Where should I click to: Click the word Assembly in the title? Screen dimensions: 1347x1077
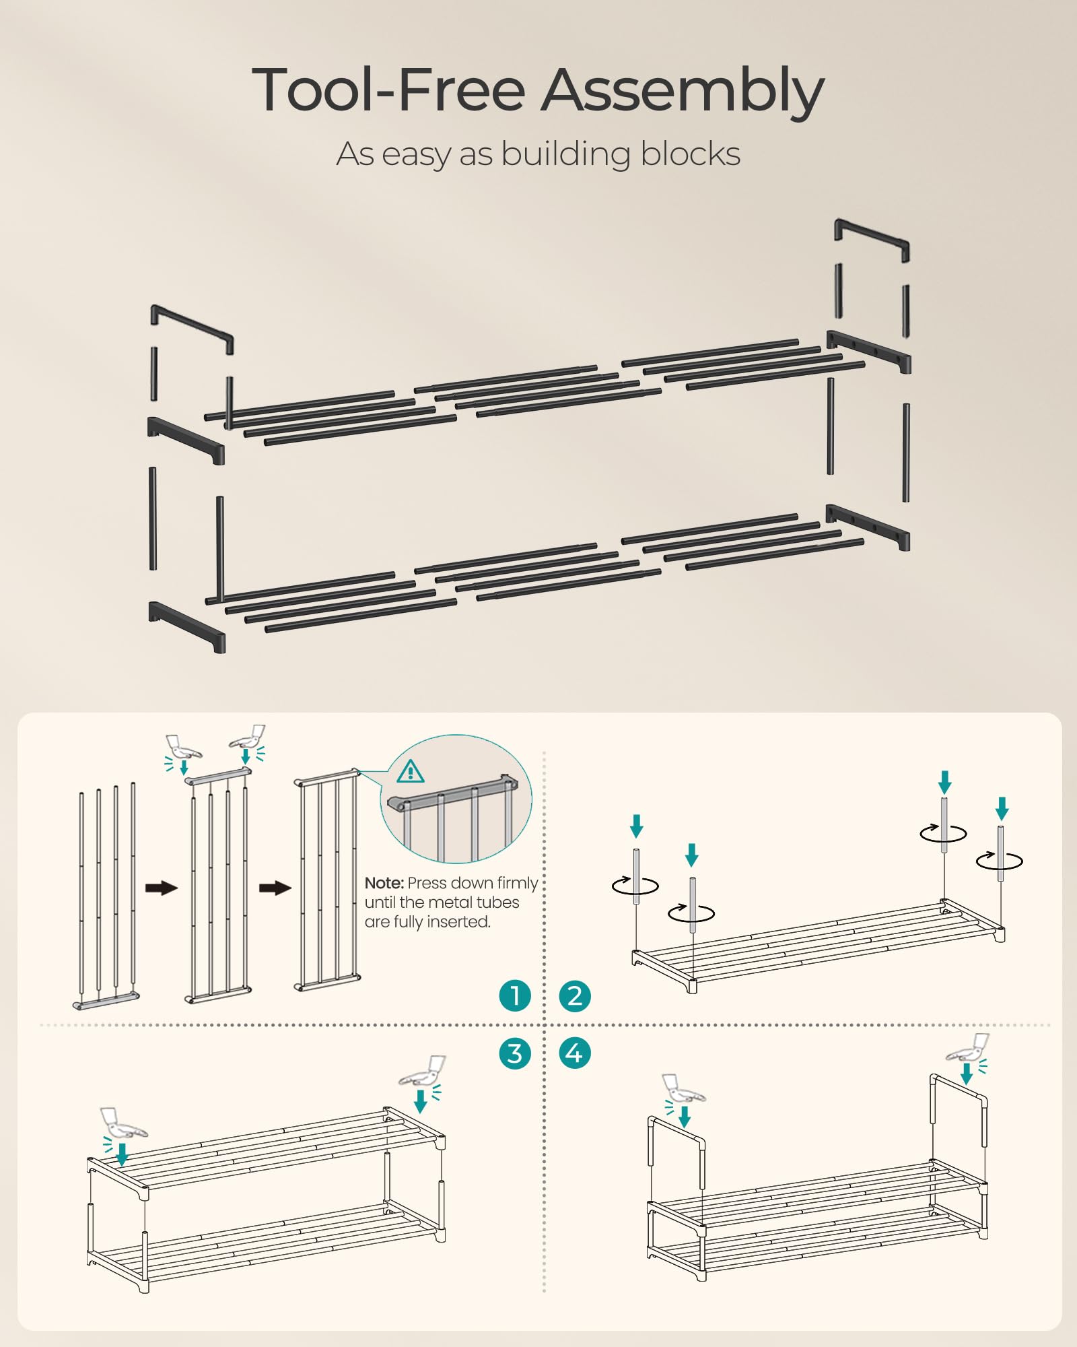683,91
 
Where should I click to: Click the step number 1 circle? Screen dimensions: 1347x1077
515,995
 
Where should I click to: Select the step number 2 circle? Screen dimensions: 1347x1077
575,995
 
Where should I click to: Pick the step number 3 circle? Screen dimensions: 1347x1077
515,1053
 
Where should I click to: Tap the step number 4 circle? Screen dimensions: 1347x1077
575,1053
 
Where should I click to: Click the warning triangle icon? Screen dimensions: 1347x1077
411,772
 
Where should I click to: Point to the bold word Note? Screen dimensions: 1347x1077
384,883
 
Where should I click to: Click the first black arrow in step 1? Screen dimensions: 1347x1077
162,888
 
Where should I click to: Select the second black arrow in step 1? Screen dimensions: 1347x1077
275,888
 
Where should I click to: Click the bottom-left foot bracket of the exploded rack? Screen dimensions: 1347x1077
186,626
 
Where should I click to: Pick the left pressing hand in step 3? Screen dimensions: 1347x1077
123,1123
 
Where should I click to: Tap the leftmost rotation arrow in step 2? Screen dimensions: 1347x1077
635,885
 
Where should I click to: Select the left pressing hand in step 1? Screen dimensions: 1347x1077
182,747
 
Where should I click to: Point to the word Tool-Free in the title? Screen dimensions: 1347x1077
388,91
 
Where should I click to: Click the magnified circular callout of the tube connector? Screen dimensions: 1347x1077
456,799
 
